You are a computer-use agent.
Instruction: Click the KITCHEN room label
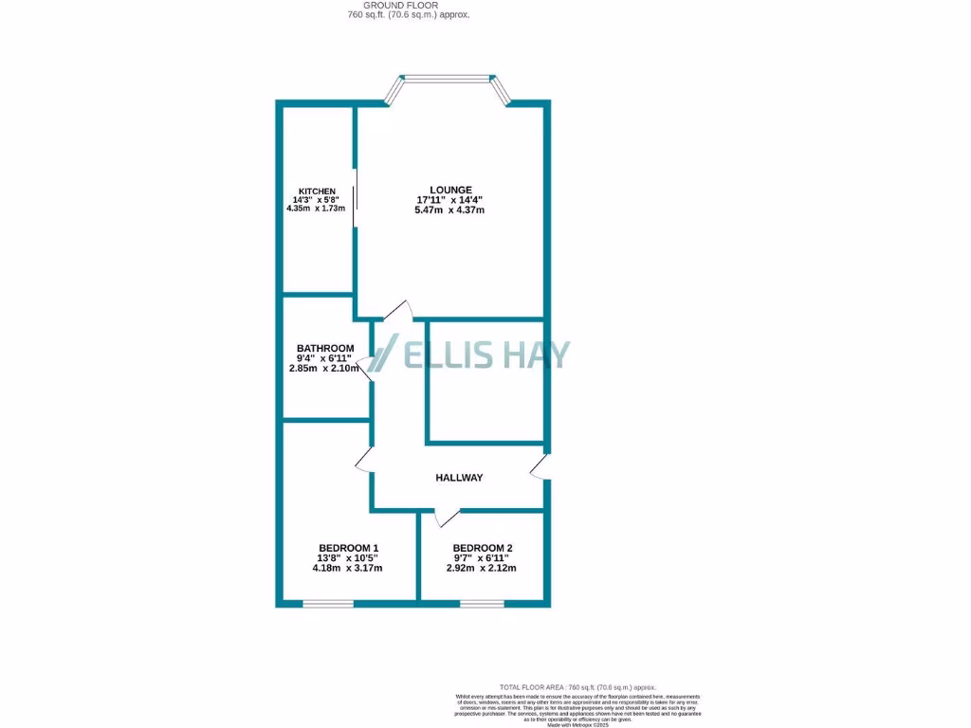(317, 191)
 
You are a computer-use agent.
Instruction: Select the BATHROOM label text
(325, 348)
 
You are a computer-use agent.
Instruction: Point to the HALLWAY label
(459, 478)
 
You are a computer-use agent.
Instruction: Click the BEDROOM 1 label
(348, 548)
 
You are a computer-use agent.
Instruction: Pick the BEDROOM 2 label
(483, 548)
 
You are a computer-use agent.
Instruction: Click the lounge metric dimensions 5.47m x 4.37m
(449, 210)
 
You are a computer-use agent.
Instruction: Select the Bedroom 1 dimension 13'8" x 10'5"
(349, 558)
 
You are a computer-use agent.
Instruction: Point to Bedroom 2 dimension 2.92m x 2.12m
(482, 569)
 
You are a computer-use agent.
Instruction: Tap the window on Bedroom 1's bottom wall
(328, 603)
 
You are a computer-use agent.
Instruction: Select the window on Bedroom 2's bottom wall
(481, 603)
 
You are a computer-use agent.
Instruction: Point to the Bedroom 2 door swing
(446, 518)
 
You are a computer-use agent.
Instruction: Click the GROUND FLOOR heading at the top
(408, 6)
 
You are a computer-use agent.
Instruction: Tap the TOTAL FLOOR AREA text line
(577, 686)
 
